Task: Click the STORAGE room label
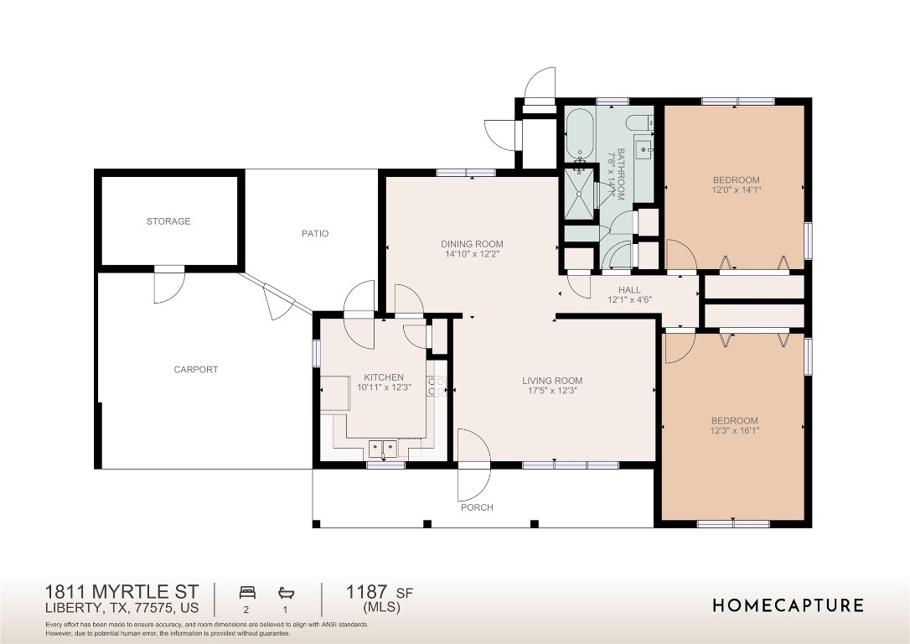click(x=168, y=221)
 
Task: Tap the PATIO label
click(x=315, y=233)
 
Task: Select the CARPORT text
click(x=196, y=369)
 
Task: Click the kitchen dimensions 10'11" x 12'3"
click(x=384, y=387)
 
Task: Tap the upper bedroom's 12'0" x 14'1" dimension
click(x=736, y=190)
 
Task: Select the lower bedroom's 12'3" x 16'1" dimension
click(x=734, y=431)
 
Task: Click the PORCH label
click(x=477, y=507)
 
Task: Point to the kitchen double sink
click(x=383, y=448)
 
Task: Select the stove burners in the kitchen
click(x=437, y=387)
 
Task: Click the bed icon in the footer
click(x=247, y=591)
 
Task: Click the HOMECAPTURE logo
click(x=788, y=605)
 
